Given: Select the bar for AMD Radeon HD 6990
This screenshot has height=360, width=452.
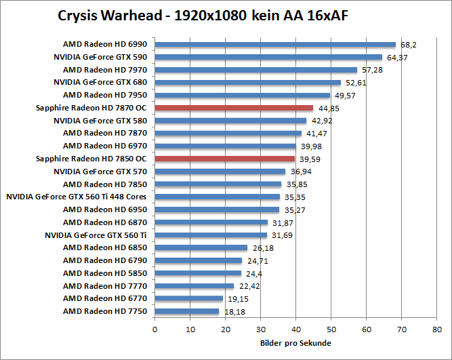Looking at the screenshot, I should coord(275,45).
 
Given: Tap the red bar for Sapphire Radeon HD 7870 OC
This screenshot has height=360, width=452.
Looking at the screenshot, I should coord(234,108).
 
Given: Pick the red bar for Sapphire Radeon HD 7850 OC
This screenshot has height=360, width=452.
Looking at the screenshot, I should coord(225,159).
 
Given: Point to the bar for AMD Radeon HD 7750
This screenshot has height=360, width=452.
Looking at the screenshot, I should coord(187,311).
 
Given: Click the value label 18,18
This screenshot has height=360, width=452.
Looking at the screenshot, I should coord(234,311).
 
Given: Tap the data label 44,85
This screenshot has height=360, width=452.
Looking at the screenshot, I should coord(328,108).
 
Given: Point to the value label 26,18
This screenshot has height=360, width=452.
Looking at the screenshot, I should coord(262,248).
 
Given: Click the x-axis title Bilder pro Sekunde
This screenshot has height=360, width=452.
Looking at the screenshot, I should coord(295,343).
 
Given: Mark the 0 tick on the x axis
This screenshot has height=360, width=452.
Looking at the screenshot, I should coord(155,329).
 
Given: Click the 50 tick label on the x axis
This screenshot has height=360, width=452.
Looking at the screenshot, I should coord(331,329).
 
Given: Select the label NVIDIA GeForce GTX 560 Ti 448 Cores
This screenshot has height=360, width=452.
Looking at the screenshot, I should coord(77,197).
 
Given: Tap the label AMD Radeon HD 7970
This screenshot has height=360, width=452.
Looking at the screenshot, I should coord(105,70).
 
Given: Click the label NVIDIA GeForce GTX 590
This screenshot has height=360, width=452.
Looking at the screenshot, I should coord(100,57).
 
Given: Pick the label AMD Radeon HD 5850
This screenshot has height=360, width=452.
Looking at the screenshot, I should coord(105,273).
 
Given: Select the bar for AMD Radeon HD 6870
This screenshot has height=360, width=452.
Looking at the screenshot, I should coord(211,222).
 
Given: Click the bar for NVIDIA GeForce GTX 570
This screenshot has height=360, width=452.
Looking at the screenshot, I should coord(220,172).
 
